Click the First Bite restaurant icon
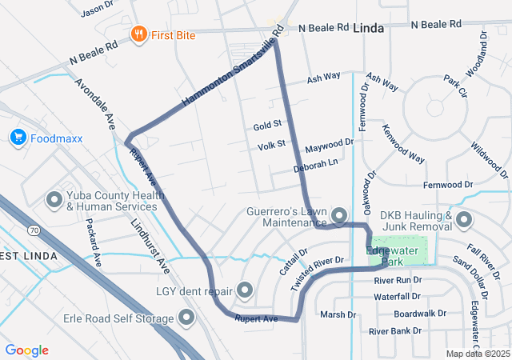[138, 34]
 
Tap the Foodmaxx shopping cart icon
[18, 138]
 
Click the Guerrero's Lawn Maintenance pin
[338, 215]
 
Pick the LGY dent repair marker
[244, 290]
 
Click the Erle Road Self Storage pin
[187, 319]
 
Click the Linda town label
[369, 28]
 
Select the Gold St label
[267, 126]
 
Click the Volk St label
[271, 146]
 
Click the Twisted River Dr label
[318, 273]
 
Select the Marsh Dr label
[337, 314]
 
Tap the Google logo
[27, 350]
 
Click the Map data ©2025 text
[477, 354]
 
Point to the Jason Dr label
[98, 10]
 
